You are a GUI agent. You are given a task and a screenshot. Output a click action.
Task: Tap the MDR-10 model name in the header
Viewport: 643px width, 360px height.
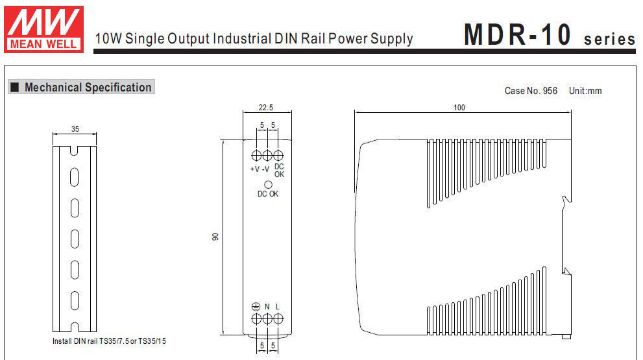pos(518,35)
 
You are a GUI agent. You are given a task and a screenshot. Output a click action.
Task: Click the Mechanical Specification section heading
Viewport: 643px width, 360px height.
pos(88,88)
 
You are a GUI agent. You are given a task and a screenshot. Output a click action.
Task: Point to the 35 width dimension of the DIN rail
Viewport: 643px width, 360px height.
pos(75,129)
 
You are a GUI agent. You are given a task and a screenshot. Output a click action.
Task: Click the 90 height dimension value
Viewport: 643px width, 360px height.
pos(216,237)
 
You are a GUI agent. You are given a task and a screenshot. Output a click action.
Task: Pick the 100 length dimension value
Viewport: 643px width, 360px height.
pos(459,108)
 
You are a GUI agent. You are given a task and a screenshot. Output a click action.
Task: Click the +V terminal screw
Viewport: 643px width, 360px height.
pos(256,156)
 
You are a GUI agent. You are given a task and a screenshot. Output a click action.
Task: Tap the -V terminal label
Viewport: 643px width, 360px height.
pos(266,169)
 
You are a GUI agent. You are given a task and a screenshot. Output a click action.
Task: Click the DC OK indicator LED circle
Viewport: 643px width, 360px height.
pos(267,185)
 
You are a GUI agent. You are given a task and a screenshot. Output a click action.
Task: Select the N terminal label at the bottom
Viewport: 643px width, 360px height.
pos(267,306)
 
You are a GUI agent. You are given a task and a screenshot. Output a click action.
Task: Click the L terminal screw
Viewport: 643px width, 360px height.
pos(278,318)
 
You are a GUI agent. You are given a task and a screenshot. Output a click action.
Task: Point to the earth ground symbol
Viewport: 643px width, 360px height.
pos(256,306)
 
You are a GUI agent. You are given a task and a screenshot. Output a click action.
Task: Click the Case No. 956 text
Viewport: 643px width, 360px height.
pos(531,91)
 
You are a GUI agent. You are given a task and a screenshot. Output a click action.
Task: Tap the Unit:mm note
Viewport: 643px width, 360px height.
pos(585,91)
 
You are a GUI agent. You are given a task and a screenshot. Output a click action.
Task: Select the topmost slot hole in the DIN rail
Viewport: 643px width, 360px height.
pos(75,176)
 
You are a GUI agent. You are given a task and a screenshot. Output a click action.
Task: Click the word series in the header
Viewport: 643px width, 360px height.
pos(609,39)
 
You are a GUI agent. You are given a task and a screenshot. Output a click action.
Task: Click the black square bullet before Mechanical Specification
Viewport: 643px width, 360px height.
pos(14,88)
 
